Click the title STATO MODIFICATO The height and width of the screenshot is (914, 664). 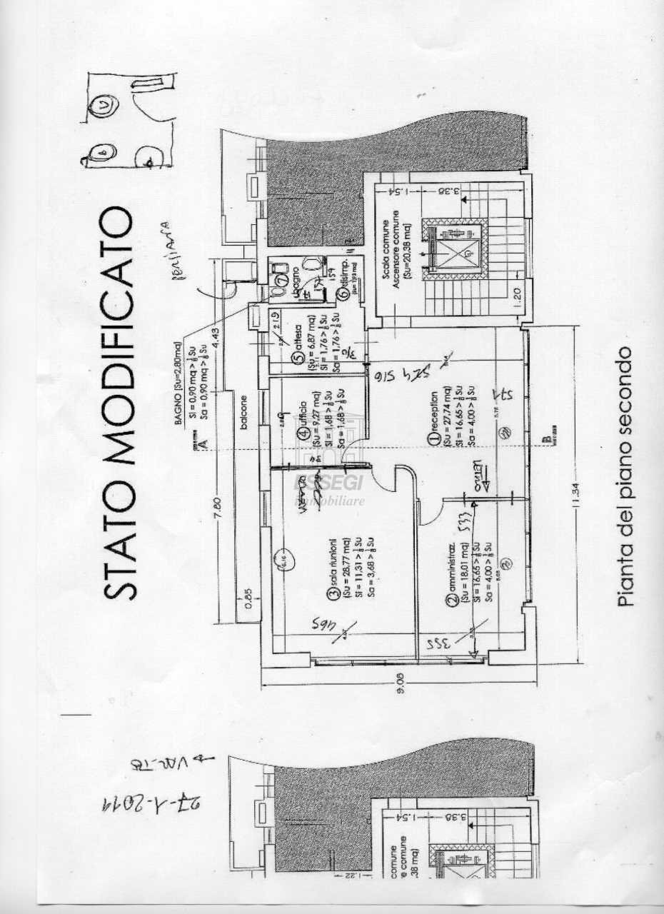pos(117,403)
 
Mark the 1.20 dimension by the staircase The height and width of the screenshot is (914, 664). pos(515,293)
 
